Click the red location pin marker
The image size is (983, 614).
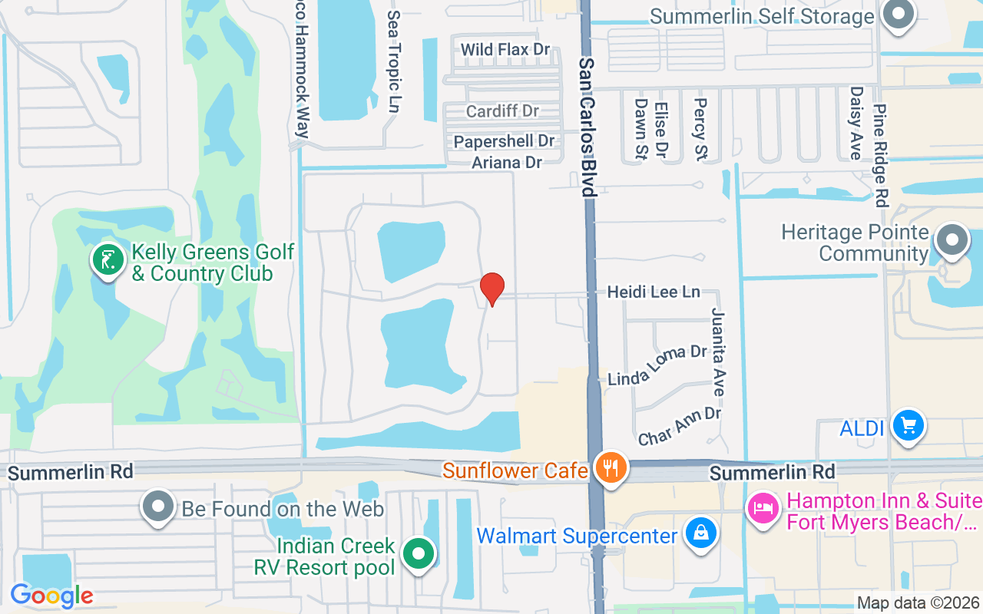491,289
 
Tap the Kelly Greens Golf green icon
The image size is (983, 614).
108,259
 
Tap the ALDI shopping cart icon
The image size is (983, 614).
909,424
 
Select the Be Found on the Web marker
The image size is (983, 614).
159,507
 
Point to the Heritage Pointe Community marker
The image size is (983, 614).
952,239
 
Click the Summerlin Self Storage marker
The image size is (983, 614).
896,15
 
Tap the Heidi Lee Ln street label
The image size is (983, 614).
654,292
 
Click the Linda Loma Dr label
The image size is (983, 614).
657,365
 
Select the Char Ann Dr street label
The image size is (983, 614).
680,426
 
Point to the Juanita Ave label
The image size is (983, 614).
718,352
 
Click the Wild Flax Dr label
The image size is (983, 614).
505,50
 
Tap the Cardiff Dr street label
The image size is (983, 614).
502,111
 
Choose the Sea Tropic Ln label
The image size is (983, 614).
394,61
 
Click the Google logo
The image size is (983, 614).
51,596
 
